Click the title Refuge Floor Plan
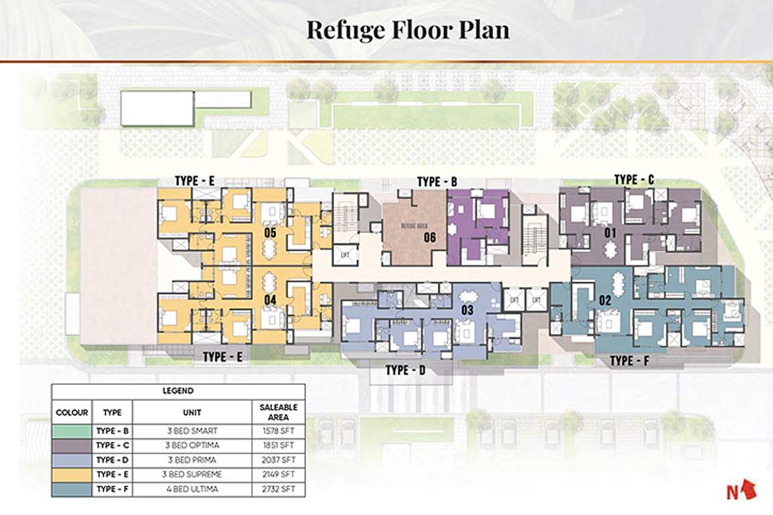pos(407,30)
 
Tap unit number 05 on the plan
pos(270,233)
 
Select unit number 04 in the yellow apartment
pos(270,300)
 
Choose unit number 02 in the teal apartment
pos(604,300)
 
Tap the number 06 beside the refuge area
pos(430,237)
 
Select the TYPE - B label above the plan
pos(437,182)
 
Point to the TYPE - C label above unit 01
pos(634,180)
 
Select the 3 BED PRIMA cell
pos(192,459)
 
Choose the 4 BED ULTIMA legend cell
pos(192,489)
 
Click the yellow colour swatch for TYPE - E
pos(72,474)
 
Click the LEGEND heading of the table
pos(178,390)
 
